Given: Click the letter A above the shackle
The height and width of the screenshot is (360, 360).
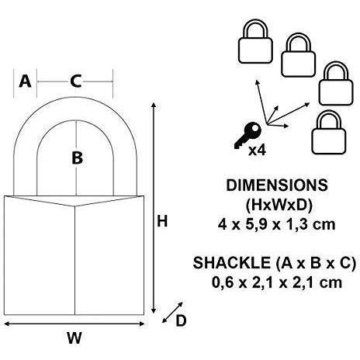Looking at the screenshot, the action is [25, 81].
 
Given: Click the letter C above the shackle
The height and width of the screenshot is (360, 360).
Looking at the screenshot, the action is [76, 81].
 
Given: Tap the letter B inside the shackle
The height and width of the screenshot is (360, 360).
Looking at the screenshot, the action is [77, 158].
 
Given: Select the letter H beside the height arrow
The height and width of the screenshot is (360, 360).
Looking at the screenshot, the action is [162, 222].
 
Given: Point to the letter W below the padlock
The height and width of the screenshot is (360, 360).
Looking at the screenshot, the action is [74, 337].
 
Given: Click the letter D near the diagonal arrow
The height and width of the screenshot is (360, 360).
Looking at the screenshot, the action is [181, 321].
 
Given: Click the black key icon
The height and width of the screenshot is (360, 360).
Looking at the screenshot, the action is [247, 135].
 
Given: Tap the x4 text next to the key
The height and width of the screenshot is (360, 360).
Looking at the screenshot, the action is [257, 150].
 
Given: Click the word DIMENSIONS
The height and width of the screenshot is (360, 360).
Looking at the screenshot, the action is [277, 185].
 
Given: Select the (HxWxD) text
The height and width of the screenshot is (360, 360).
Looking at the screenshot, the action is [279, 206].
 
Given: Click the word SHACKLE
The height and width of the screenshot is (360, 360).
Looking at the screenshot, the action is [231, 263].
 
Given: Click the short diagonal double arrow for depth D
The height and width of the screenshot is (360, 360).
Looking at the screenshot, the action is [172, 313].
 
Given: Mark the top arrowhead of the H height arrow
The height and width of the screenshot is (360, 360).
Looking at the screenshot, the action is [154, 105].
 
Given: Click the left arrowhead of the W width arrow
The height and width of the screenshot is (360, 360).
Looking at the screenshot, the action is [7, 324].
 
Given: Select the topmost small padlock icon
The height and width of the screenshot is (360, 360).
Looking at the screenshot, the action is [255, 42].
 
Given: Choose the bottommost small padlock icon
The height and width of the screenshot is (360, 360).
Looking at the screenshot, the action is [329, 133].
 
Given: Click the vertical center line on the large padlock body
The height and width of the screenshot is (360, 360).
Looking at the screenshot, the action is [75, 260].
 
